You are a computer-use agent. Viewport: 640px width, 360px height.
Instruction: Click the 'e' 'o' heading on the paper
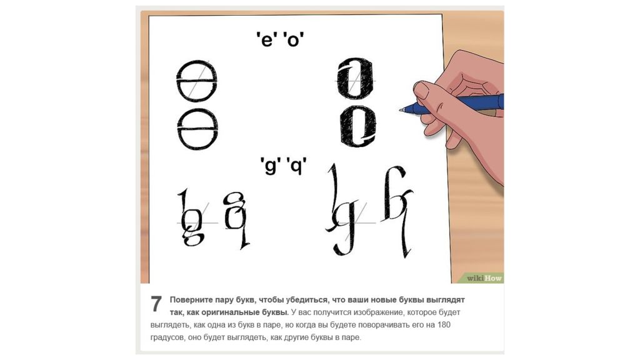280,39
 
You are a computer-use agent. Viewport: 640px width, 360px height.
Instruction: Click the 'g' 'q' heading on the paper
283,165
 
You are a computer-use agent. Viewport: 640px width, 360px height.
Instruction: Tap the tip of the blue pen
401,109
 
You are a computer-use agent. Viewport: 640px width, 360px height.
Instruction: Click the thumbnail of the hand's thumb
421,90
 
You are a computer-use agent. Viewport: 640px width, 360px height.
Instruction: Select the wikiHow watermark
484,278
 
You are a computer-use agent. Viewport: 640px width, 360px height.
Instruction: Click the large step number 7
156,304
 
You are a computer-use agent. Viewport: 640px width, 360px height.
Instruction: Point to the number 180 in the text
444,325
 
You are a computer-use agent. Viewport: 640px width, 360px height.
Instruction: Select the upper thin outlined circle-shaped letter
177,81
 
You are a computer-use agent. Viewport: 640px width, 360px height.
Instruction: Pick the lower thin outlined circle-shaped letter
178,129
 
